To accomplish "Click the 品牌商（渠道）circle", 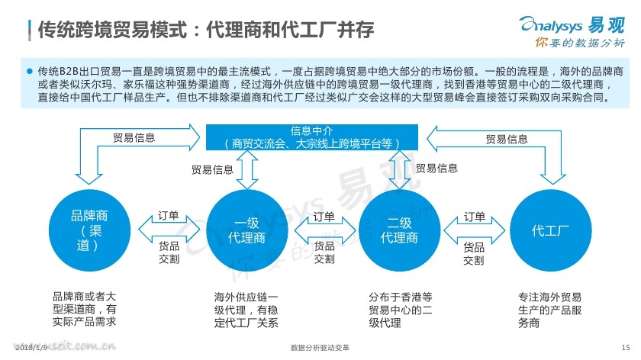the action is click(89, 230).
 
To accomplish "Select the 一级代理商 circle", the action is click(247, 230).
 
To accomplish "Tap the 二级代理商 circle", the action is click(399, 230).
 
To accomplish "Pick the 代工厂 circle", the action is click(551, 230).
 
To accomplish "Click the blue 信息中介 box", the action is click(312, 137).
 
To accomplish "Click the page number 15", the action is click(626, 348).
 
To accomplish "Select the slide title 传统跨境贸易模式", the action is click(112, 30).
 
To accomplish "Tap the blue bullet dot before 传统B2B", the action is click(30, 71).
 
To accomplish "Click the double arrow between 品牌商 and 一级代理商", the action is click(169, 230).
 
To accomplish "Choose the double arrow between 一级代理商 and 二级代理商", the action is click(324, 230).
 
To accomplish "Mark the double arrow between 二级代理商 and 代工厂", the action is click(474, 230).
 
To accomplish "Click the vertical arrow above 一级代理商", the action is click(247, 170).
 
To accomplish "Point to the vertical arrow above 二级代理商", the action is click(399, 170).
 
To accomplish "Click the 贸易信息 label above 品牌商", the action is click(134, 138).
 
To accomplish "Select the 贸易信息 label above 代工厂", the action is click(507, 140).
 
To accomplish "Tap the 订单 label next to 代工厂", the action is click(475, 216).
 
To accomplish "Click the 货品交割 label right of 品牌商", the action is click(169, 252).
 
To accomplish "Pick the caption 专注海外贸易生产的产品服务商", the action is click(550, 310).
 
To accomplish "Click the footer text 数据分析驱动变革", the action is click(320, 348).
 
